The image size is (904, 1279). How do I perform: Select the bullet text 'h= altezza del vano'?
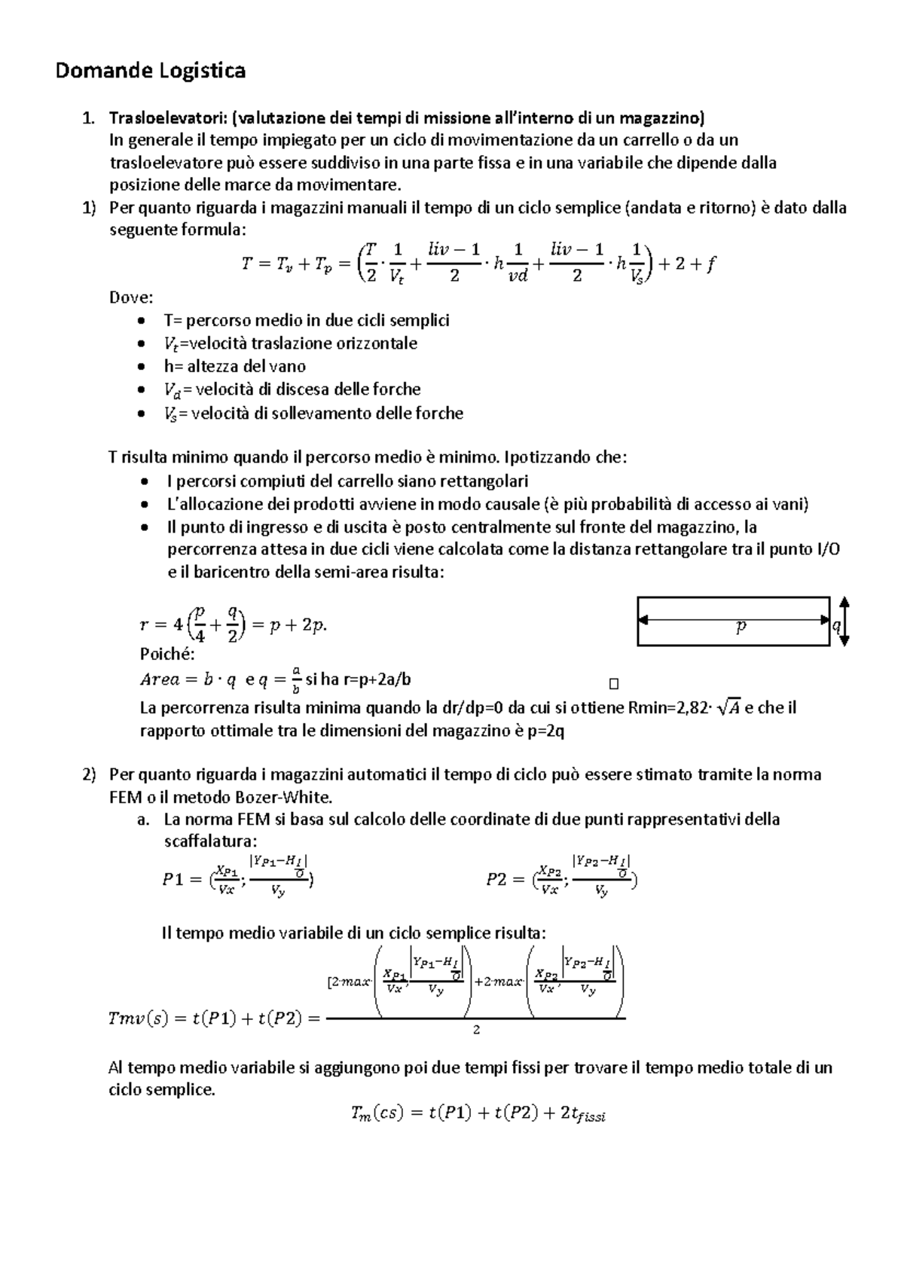pyautogui.click(x=235, y=367)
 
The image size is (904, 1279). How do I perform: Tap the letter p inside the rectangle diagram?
pyautogui.click(x=741, y=627)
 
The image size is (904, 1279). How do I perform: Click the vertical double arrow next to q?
pyautogui.click(x=845, y=621)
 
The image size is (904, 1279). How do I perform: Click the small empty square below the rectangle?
pyautogui.click(x=613, y=684)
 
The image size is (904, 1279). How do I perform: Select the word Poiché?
pyautogui.click(x=167, y=654)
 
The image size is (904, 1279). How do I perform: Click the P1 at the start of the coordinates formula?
pyautogui.click(x=174, y=880)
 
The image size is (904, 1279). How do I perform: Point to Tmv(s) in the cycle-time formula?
pyautogui.click(x=138, y=1019)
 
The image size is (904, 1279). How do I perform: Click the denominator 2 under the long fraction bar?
pyautogui.click(x=476, y=1030)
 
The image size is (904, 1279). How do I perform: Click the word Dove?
pyautogui.click(x=130, y=298)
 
